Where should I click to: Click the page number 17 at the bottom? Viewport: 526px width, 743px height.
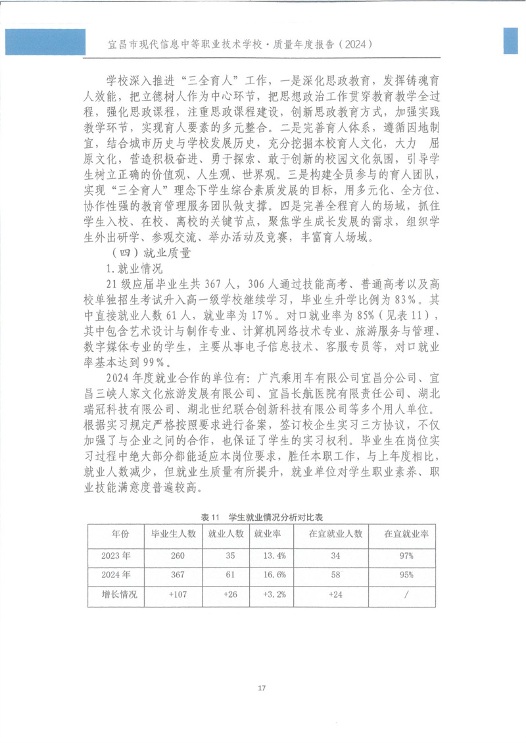click(x=262, y=687)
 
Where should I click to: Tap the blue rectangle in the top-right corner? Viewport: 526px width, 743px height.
click(x=513, y=41)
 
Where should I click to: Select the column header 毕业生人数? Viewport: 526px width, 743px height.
click(x=174, y=534)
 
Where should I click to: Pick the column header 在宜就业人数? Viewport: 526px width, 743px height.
click(x=335, y=534)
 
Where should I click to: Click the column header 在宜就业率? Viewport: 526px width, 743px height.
click(x=406, y=534)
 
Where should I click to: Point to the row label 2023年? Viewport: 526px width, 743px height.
click(x=116, y=555)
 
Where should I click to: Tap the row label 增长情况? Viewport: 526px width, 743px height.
click(x=116, y=594)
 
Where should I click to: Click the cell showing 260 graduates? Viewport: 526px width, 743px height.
click(x=178, y=555)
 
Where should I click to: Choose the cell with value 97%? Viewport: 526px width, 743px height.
click(x=406, y=555)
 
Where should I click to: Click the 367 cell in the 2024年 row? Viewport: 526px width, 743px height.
click(x=178, y=575)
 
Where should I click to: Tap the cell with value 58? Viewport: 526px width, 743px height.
click(x=335, y=575)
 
